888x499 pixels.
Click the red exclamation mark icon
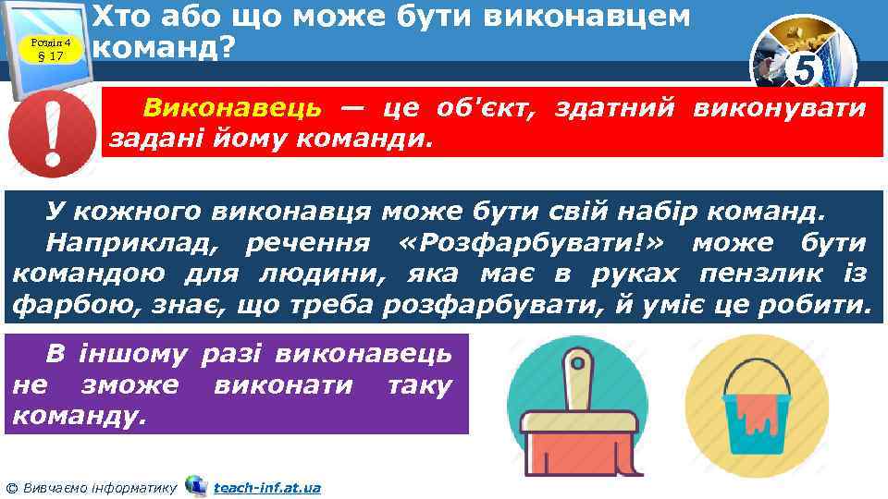click(52, 135)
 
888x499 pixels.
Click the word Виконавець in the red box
click(232, 109)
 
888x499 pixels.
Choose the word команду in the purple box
click(80, 414)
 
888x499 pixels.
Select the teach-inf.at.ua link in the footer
click(266, 487)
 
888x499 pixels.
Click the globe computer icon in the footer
click(196, 485)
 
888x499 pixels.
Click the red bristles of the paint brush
click(578, 450)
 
